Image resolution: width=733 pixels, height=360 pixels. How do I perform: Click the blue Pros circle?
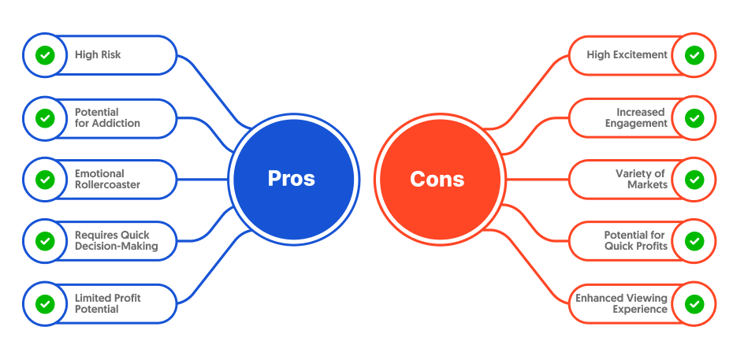point(293,180)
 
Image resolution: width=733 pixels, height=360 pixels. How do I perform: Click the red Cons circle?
point(440,180)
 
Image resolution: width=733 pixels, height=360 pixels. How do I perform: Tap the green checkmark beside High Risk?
point(45,55)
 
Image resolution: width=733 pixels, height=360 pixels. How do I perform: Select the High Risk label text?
point(98,55)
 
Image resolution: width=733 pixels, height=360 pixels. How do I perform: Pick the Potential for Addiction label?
point(107,117)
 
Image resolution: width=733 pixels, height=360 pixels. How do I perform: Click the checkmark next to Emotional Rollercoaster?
point(45,180)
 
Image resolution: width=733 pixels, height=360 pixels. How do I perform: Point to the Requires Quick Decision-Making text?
point(117,240)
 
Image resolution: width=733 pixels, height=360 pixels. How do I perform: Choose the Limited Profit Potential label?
point(107,303)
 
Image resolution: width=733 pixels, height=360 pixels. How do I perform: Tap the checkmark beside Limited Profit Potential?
point(45,304)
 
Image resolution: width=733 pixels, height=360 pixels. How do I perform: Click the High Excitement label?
point(627,55)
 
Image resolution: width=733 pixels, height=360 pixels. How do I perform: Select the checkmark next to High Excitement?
point(694,55)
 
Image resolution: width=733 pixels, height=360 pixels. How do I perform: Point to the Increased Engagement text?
point(636,117)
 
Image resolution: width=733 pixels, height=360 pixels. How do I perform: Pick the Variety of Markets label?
point(640,180)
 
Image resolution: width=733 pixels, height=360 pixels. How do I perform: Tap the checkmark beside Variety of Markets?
point(694,180)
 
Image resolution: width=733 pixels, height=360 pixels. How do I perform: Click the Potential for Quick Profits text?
point(636,240)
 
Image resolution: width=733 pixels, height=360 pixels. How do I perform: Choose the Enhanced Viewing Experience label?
point(621,303)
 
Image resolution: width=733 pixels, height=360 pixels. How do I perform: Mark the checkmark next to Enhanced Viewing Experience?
point(694,304)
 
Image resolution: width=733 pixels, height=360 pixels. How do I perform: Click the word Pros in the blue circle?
point(292,178)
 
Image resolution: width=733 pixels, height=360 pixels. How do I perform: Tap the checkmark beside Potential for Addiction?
point(45,118)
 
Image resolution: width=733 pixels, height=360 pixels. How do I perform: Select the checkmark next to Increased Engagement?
point(694,118)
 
